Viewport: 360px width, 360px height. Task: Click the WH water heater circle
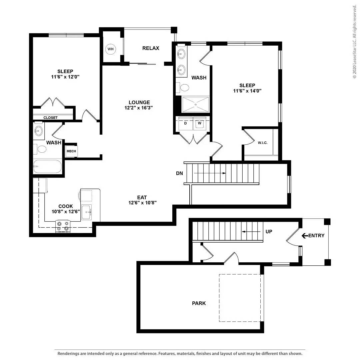point(110,49)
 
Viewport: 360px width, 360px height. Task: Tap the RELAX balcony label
point(151,48)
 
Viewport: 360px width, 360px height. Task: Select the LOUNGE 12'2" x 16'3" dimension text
point(139,108)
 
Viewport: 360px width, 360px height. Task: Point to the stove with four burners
point(63,226)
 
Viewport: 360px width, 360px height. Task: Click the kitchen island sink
point(87,212)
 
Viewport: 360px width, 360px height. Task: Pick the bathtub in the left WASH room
point(47,166)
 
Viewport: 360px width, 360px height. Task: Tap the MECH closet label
point(71,151)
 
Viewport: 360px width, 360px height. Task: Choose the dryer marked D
point(185,123)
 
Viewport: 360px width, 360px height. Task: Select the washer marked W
point(200,123)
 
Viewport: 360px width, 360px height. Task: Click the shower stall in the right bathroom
point(196,104)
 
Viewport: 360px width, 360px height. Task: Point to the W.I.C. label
point(262,143)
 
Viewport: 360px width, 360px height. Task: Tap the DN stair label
point(180,173)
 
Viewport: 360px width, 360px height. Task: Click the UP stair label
point(269,231)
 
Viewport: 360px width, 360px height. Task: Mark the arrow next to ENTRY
point(305,236)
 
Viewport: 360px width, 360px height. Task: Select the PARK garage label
point(199,303)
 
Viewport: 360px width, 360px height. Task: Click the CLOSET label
point(50,118)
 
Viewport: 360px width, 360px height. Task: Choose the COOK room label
point(65,206)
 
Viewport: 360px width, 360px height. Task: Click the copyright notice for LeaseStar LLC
point(355,42)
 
